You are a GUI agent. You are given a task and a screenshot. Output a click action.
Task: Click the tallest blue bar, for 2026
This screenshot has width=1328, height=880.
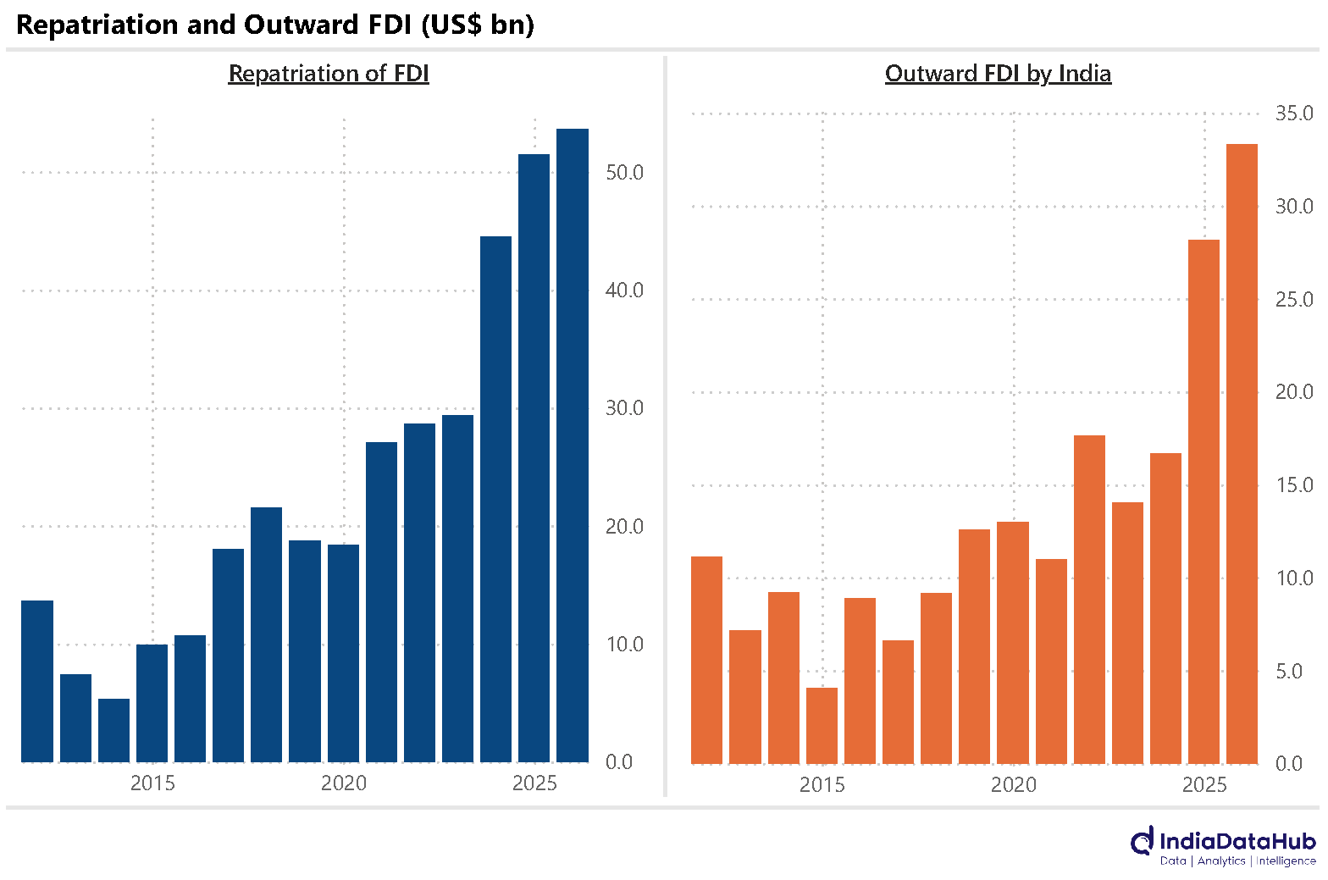(x=573, y=446)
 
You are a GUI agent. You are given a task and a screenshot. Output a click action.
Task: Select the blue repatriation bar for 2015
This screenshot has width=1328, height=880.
(x=152, y=703)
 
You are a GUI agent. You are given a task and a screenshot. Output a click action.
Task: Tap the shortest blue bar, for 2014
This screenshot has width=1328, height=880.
(x=113, y=731)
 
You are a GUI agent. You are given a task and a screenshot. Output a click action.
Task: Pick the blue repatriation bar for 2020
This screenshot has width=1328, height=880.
(x=343, y=654)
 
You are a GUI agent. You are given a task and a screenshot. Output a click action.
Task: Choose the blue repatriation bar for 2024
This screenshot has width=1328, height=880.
(x=495, y=500)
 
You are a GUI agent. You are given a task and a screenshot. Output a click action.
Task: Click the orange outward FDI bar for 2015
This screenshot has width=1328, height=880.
(x=822, y=726)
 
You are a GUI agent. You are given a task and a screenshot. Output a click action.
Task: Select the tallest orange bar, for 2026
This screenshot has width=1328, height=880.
(x=1242, y=454)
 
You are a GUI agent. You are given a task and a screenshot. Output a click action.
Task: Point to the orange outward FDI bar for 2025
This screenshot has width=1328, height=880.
(x=1204, y=502)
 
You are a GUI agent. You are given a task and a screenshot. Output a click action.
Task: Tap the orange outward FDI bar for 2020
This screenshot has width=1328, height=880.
(x=1013, y=643)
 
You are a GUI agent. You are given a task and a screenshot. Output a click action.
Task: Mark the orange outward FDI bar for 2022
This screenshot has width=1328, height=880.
(x=1090, y=601)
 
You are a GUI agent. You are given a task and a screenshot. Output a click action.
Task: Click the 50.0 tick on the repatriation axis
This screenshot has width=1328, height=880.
(x=624, y=173)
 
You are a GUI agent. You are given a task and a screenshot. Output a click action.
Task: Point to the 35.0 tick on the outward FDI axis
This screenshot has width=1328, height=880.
(x=1294, y=113)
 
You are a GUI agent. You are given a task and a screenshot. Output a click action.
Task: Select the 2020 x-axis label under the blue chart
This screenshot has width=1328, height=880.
(x=344, y=783)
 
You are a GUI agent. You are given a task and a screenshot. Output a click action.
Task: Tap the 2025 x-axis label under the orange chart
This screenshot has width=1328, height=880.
(x=1204, y=785)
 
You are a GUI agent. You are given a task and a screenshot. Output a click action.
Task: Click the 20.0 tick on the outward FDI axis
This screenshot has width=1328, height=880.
(x=1294, y=392)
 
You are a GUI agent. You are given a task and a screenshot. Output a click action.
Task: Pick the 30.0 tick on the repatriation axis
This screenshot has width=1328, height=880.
(x=624, y=408)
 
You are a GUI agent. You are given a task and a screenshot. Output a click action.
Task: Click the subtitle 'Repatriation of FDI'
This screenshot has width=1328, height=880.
(x=329, y=74)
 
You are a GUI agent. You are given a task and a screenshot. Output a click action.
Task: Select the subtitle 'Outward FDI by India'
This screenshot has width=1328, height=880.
(x=999, y=75)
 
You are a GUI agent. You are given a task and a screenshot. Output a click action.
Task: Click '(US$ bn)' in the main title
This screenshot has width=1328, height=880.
(x=478, y=25)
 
